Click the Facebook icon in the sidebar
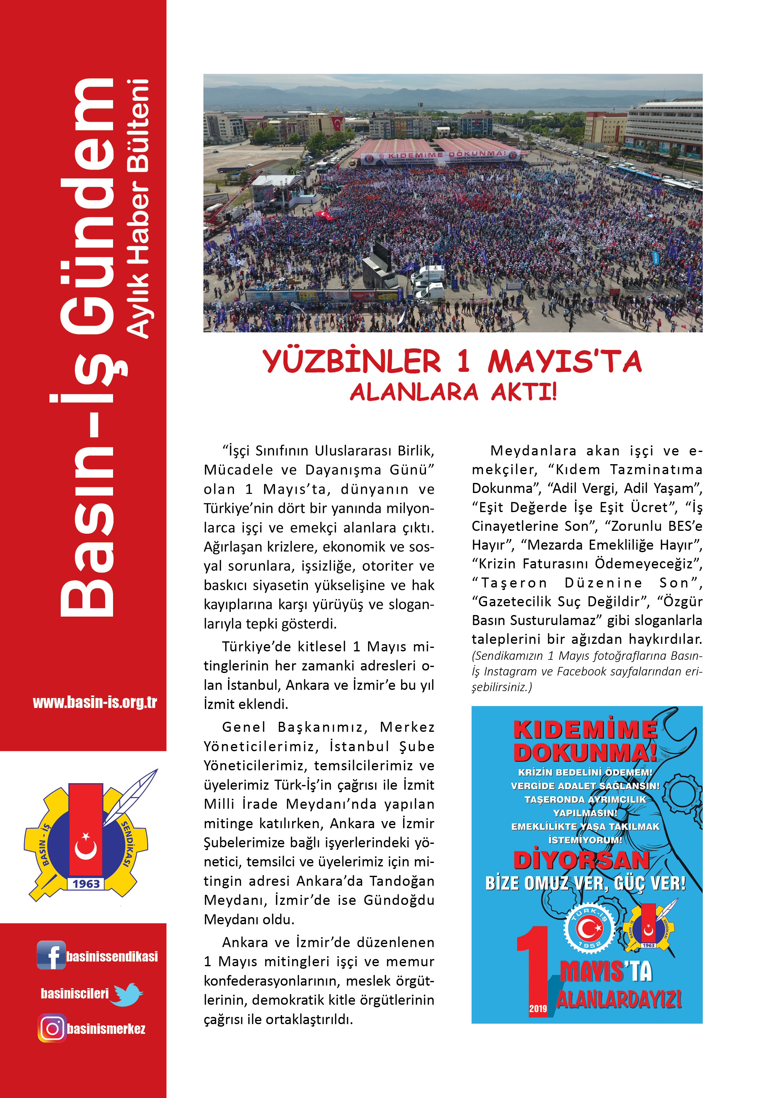(51, 955)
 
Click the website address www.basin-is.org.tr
(95, 702)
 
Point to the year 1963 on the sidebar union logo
(86, 884)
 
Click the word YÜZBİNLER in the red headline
(352, 362)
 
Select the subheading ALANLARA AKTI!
(453, 393)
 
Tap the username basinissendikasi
(112, 957)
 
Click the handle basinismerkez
(106, 1029)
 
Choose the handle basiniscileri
(75, 994)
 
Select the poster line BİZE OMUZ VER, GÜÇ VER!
(586, 883)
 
